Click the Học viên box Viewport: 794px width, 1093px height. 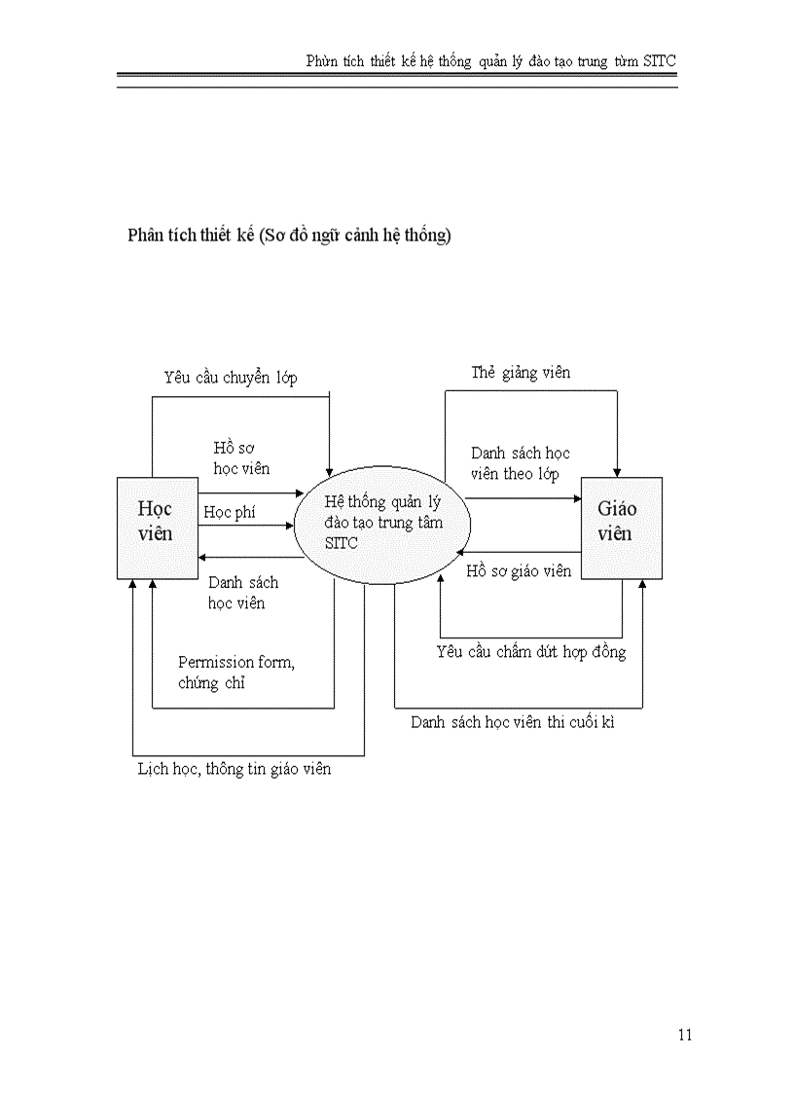[157, 528]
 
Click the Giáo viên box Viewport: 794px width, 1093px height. [621, 528]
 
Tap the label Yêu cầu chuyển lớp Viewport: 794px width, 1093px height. [231, 378]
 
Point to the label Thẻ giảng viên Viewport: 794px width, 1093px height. [521, 373]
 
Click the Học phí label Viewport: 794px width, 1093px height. [230, 512]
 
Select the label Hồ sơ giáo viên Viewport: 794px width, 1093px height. [519, 571]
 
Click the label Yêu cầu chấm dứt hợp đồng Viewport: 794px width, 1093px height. [531, 651]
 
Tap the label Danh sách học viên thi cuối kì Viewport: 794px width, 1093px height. [512, 722]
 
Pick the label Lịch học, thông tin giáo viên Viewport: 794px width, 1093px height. [234, 769]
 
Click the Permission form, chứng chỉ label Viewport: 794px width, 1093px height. [236, 673]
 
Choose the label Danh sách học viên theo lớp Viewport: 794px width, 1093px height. [521, 463]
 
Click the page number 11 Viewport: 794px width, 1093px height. [684, 1035]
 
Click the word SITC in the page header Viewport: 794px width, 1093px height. [660, 60]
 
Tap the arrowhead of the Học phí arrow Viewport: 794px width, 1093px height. [289, 526]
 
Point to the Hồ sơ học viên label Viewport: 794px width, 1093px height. [241, 457]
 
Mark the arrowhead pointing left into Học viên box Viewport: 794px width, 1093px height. [203, 558]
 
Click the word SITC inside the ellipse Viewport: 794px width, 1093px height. [341, 543]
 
